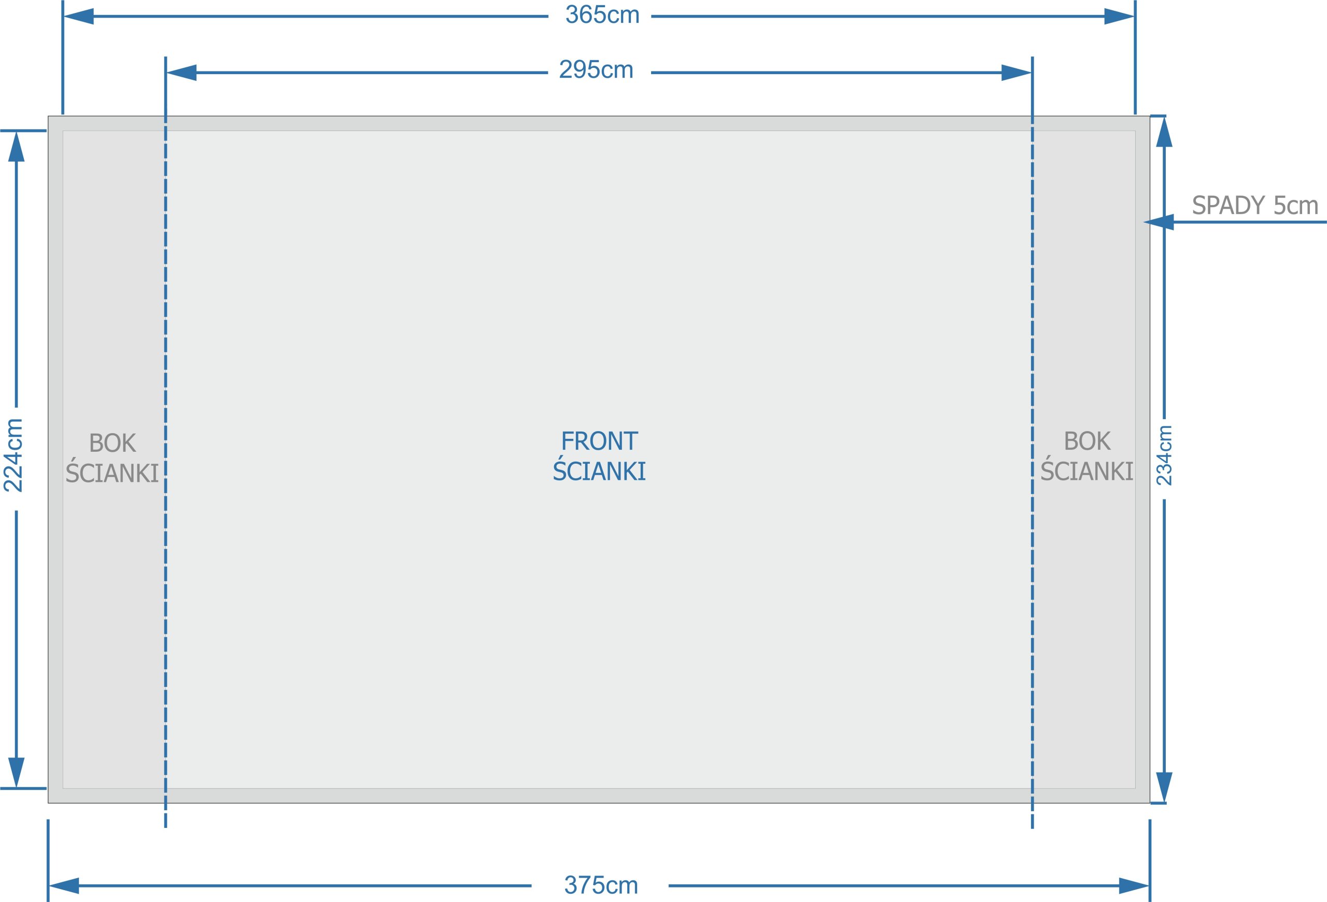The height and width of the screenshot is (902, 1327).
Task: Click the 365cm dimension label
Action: pyautogui.click(x=602, y=15)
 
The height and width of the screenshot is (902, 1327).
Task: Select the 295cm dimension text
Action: pyautogui.click(x=596, y=69)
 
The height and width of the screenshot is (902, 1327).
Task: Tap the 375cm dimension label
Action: pyautogui.click(x=601, y=885)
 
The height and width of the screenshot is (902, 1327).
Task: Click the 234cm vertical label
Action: pyautogui.click(x=1164, y=455)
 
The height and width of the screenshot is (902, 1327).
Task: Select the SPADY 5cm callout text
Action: pyautogui.click(x=1255, y=205)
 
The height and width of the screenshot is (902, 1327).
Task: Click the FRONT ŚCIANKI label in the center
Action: pyautogui.click(x=599, y=456)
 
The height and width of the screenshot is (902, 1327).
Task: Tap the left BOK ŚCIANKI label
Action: pyautogui.click(x=112, y=457)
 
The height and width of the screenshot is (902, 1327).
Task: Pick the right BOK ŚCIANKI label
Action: pyautogui.click(x=1086, y=456)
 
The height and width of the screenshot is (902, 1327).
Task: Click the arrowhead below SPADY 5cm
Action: pyautogui.click(x=1159, y=222)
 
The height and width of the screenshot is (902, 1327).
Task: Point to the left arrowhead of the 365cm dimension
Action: pyautogui.click(x=78, y=17)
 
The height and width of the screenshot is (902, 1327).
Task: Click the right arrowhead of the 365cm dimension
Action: pyautogui.click(x=1119, y=17)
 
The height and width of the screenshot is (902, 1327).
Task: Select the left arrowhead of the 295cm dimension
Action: pyautogui.click(x=181, y=73)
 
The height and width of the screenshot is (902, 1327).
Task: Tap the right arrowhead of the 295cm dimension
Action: pyautogui.click(x=1017, y=73)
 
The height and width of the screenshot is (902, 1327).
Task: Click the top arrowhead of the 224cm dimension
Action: pyautogui.click(x=17, y=147)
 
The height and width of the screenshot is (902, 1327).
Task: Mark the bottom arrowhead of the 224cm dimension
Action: pyautogui.click(x=17, y=772)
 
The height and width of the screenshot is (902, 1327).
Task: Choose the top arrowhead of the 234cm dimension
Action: pyautogui.click(x=1164, y=132)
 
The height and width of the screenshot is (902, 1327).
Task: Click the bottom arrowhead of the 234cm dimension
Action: pyautogui.click(x=1164, y=788)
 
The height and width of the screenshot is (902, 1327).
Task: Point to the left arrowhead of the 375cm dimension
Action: pyautogui.click(x=64, y=886)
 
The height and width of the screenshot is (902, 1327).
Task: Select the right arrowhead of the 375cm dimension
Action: pyautogui.click(x=1134, y=886)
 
